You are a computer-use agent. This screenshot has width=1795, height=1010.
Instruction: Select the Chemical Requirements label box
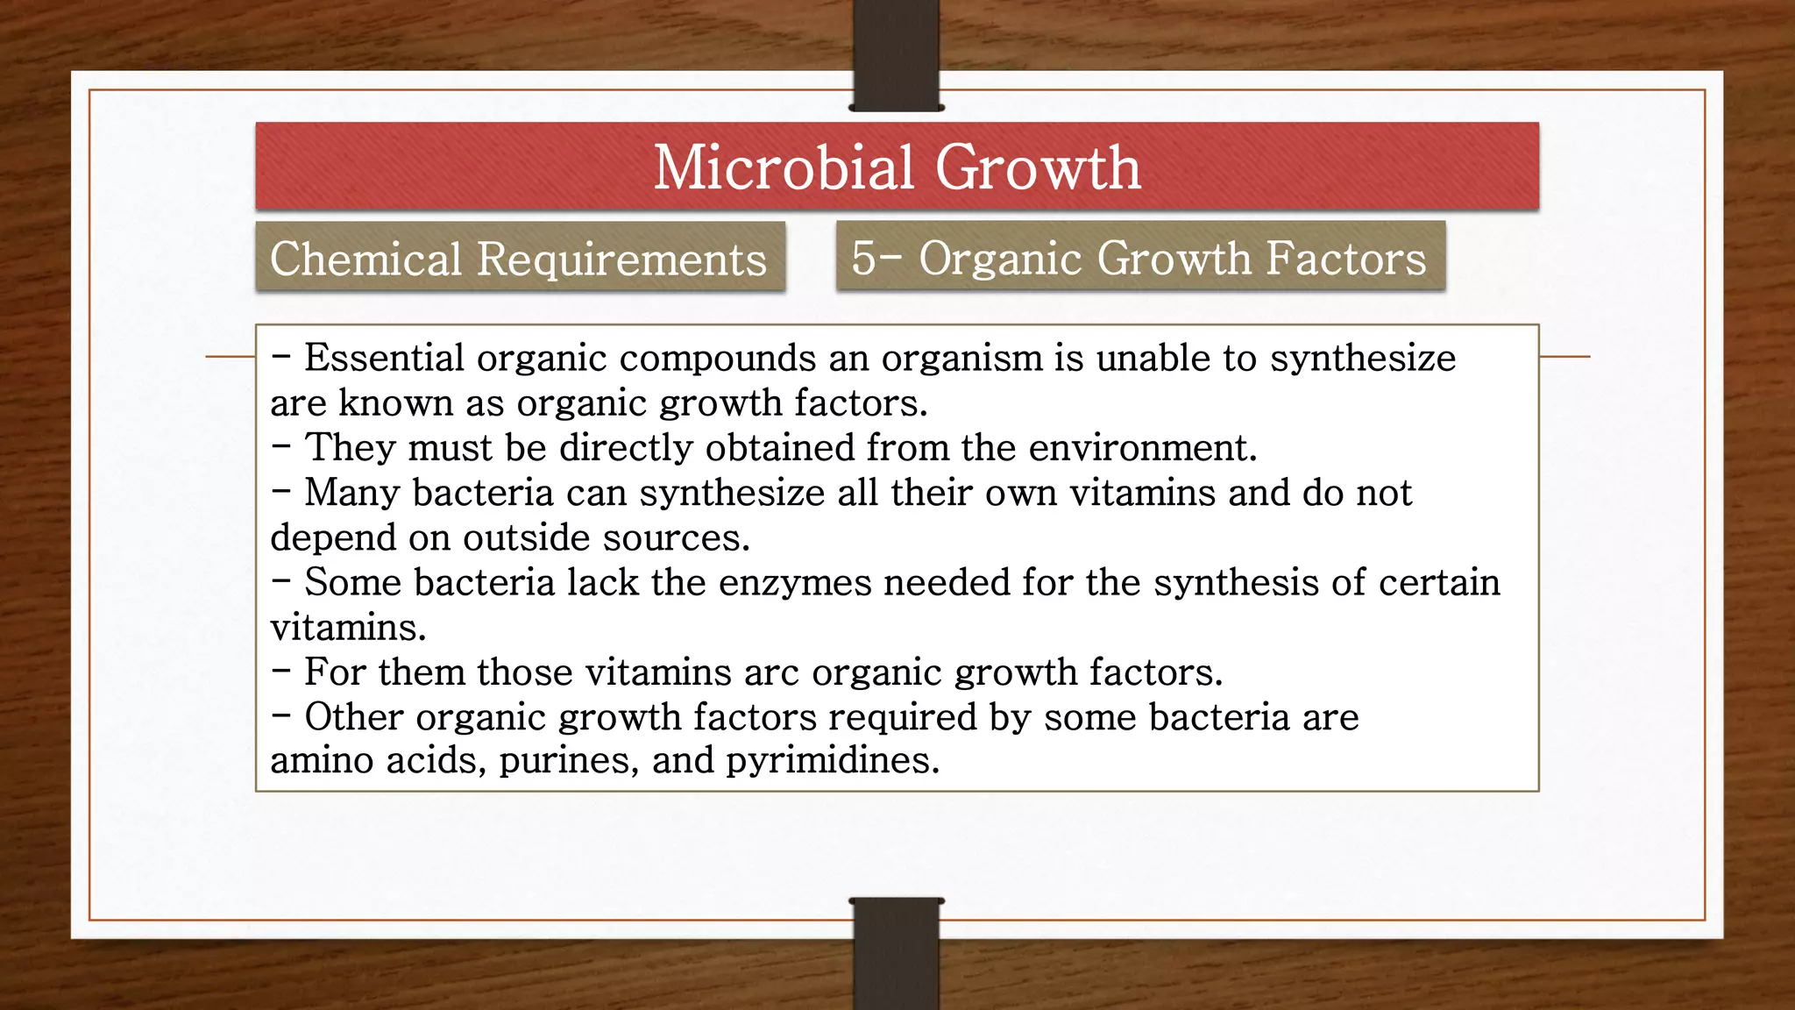[x=519, y=259]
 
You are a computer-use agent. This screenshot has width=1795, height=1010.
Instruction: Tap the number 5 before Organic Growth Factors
[x=863, y=258]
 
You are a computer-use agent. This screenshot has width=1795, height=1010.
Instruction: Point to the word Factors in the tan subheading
[x=1346, y=258]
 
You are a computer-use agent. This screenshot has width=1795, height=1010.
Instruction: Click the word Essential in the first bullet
[x=384, y=358]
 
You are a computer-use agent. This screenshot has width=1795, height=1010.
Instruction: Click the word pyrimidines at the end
[x=832, y=759]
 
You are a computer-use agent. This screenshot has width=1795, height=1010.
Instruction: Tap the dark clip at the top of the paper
[x=896, y=54]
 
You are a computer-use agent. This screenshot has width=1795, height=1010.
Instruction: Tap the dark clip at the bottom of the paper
[x=896, y=954]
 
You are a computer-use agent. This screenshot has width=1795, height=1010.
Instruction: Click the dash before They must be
[x=280, y=446]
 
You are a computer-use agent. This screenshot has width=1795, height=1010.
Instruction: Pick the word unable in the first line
[x=1154, y=358]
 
